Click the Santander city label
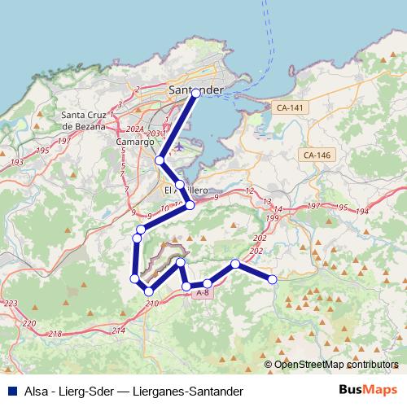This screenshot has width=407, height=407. pyautogui.click(x=195, y=89)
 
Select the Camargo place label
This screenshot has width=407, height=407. pyautogui.click(x=135, y=141)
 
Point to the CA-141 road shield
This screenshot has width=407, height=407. pyautogui.click(x=291, y=107)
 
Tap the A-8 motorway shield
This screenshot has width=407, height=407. pyautogui.click(x=203, y=292)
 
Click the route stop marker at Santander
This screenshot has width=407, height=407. pyautogui.click(x=196, y=94)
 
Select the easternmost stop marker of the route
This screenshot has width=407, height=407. pyautogui.click(x=273, y=279)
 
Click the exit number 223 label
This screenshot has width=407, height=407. pyautogui.click(x=11, y=303)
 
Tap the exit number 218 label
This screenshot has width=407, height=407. pyautogui.click(x=55, y=334)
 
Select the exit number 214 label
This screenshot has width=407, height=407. pyautogui.click(x=118, y=330)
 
